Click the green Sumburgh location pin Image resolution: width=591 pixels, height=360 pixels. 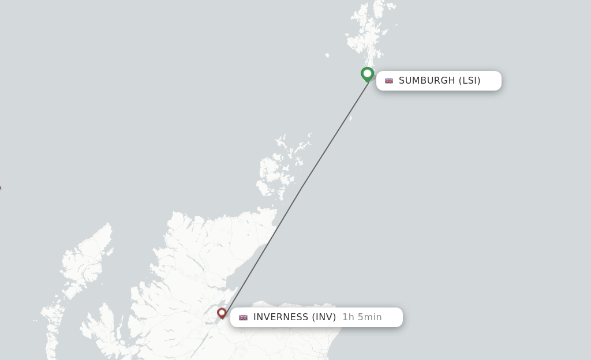(367, 74)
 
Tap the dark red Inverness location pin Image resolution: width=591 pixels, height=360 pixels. (222, 313)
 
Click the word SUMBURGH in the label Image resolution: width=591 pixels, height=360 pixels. (427, 81)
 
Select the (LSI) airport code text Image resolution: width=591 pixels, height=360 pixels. (469, 81)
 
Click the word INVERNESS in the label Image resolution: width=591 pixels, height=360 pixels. (280, 317)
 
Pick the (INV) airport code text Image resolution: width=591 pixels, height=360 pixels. (324, 317)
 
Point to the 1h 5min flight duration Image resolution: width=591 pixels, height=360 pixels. (362, 317)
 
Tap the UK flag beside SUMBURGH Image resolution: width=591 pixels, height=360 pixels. (389, 81)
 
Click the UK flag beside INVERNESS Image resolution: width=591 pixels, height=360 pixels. (244, 317)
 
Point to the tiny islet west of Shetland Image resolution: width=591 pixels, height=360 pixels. (327, 55)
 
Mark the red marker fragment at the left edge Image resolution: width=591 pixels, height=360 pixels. (0, 188)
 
